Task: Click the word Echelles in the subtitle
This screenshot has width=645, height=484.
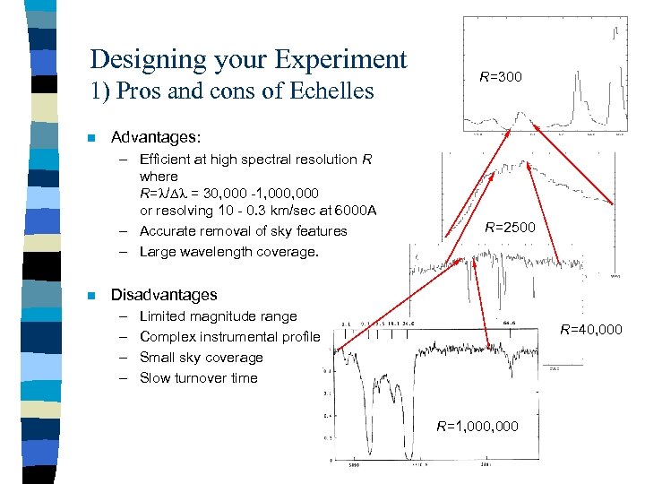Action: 329,91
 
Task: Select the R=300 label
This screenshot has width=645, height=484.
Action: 500,77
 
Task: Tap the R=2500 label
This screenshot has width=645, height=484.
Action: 510,228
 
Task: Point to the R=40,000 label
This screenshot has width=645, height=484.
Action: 590,330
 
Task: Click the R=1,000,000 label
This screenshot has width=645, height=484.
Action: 477,426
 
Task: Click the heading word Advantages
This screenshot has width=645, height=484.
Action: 155,137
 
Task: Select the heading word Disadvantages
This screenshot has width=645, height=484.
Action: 163,295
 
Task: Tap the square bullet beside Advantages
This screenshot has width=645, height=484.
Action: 90,138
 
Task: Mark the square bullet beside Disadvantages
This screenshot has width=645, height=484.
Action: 90,295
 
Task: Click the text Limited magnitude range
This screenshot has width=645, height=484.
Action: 218,315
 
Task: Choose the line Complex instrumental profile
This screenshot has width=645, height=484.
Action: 229,336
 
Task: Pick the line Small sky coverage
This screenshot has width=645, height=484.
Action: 202,357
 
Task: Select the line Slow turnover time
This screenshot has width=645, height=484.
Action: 198,377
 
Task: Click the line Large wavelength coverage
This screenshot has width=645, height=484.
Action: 228,252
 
